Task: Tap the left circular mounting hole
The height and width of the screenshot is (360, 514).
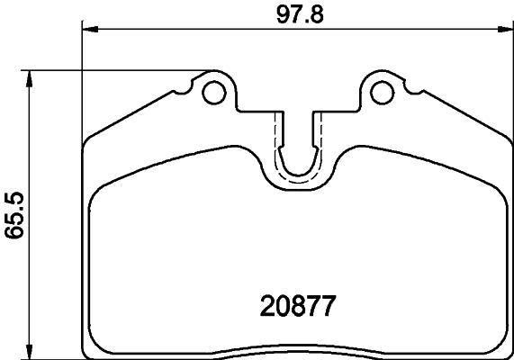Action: pyautogui.click(x=214, y=91)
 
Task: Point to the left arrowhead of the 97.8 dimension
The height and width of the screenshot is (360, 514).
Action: pyautogui.click(x=88, y=30)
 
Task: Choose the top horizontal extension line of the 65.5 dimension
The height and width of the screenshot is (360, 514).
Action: pyautogui.click(x=117, y=70)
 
